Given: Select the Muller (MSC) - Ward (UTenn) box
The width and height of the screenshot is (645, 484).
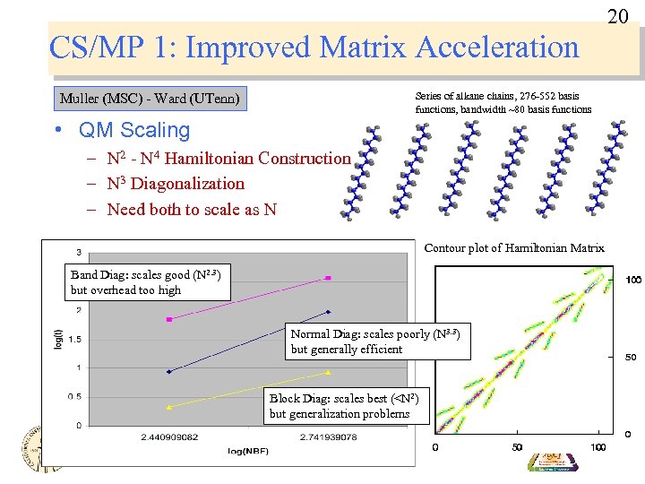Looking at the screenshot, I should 150,99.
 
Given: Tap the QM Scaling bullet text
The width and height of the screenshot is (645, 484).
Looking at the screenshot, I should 133,130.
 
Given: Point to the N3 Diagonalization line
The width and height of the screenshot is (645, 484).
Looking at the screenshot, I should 175,184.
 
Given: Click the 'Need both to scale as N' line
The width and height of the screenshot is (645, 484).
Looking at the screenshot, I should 192,210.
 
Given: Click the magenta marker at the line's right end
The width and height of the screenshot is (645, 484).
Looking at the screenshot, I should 329,279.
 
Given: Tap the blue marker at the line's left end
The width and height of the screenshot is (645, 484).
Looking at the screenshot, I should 169,371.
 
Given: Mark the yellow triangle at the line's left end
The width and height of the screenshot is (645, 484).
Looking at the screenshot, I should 169,406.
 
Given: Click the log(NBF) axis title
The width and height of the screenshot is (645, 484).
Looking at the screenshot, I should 248,451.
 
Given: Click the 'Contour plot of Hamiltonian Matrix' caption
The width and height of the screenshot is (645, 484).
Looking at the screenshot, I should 514,248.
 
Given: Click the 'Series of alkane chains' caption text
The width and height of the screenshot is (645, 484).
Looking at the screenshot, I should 503,102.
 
